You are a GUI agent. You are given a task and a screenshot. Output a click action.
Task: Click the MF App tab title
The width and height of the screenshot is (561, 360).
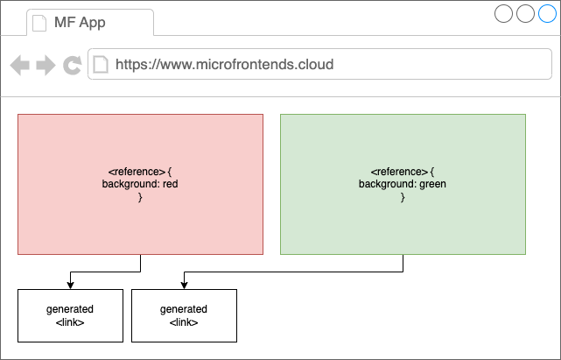80,23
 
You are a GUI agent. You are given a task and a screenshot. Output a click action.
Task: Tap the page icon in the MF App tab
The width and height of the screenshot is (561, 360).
39,23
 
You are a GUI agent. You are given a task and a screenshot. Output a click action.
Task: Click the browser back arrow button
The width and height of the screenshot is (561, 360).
19,65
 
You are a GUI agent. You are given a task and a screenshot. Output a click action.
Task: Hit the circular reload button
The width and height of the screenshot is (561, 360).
73,65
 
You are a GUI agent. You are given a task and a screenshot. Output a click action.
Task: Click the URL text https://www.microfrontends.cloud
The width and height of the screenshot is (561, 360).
224,65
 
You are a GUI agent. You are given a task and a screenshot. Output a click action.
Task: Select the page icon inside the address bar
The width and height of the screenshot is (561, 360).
101,65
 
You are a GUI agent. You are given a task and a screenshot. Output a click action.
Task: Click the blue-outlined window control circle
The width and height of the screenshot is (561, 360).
547,13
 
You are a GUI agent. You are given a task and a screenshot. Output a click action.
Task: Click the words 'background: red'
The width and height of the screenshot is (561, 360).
140,184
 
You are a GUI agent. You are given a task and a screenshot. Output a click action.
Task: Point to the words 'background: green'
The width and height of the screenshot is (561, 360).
403,184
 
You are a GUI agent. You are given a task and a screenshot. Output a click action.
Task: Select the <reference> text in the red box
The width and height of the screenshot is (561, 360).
137,172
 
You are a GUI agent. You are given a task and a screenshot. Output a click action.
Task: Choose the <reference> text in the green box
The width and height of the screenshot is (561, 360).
399,172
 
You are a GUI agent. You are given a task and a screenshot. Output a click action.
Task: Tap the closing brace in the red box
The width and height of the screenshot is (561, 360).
140,197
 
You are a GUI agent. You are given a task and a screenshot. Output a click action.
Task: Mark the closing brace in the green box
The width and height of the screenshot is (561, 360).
403,197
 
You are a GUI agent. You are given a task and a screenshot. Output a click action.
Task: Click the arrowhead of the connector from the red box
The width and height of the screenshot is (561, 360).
71,286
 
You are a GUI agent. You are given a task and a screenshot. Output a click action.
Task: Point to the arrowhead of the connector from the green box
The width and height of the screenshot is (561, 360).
185,286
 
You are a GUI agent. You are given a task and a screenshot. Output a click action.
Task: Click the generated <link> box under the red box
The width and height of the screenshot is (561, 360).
71,315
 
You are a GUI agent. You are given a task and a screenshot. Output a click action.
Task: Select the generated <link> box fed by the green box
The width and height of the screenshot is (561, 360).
185,315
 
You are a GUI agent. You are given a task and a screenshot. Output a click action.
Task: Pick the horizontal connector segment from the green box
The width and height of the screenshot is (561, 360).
294,272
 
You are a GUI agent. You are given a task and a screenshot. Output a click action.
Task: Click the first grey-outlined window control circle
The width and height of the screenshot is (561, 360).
504,13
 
